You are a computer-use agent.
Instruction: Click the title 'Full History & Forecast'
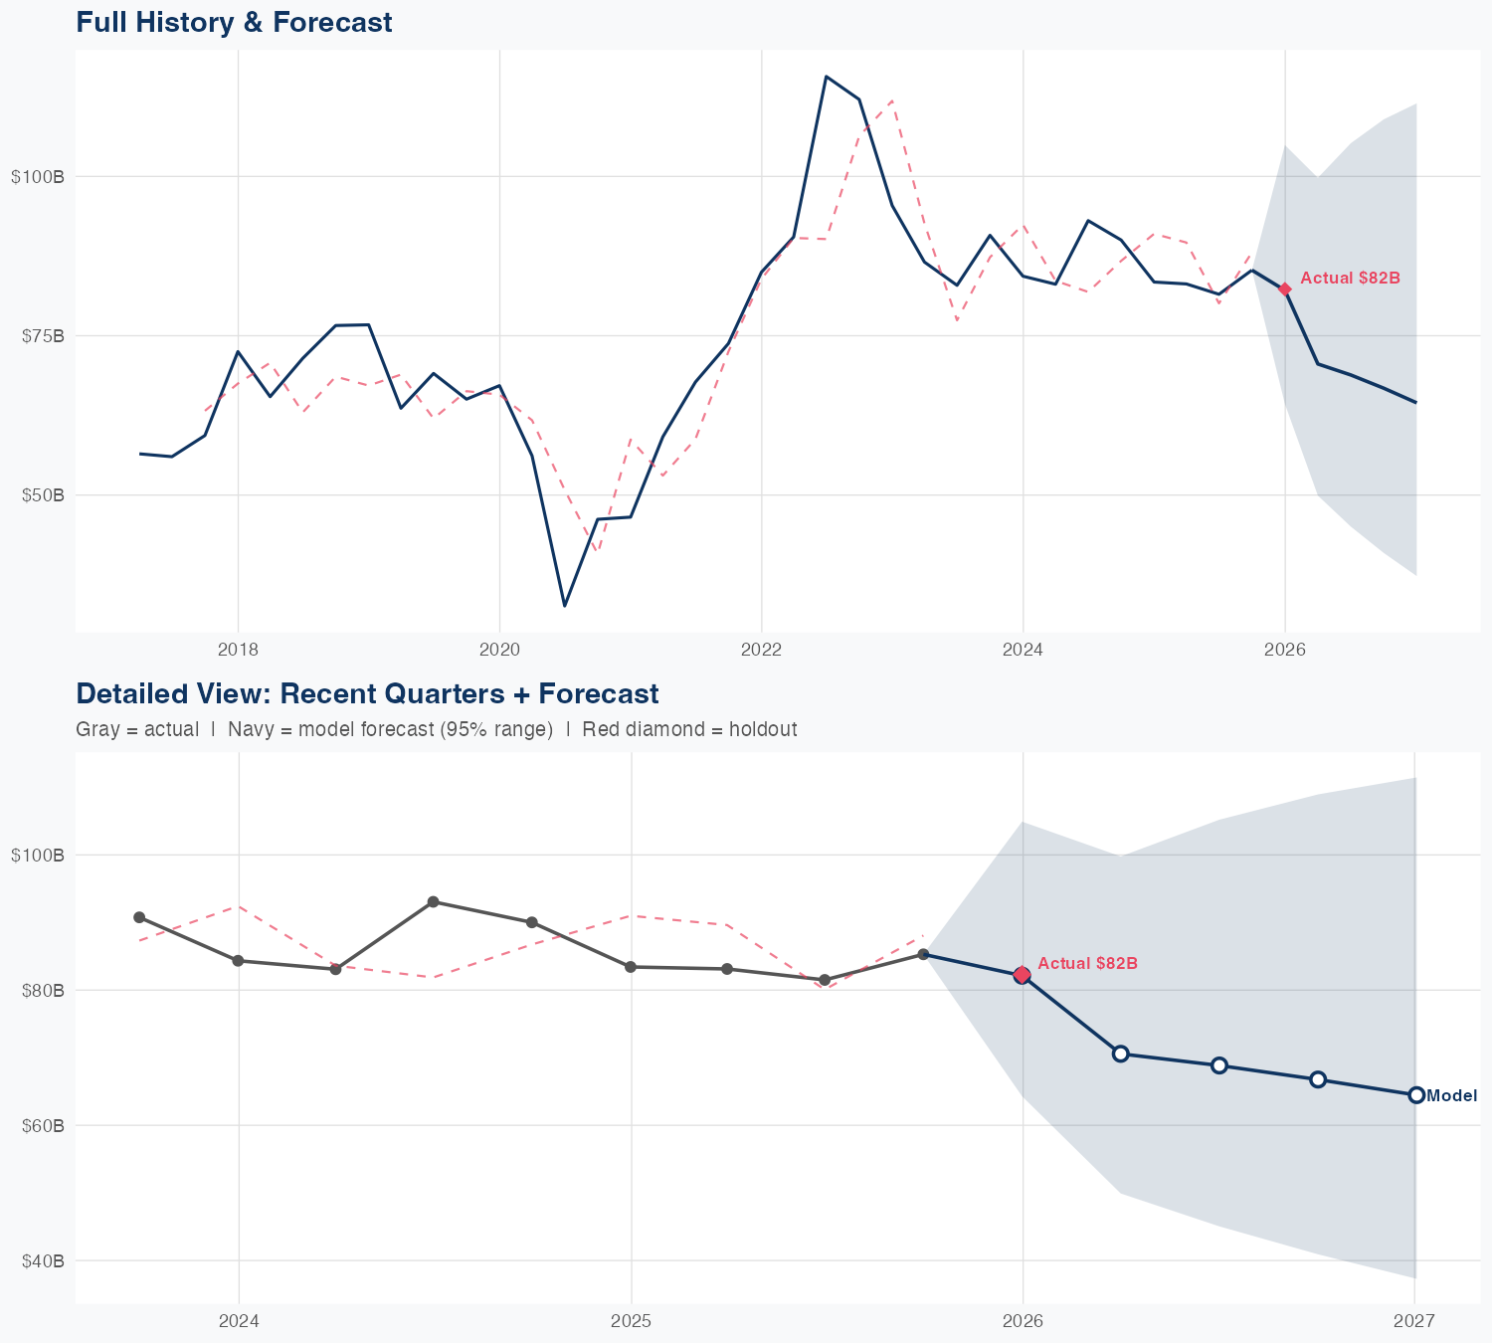234,22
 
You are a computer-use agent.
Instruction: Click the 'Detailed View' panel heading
366,693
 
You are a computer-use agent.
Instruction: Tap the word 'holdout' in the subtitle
763,729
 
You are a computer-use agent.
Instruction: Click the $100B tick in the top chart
38,177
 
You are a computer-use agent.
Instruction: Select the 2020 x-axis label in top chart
499,651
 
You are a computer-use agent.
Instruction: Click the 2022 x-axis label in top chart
761,651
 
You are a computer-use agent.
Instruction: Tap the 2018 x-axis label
238,651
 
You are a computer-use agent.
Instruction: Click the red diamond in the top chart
1285,289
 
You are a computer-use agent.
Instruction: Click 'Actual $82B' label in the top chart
1350,279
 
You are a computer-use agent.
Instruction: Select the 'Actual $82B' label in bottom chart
1087,964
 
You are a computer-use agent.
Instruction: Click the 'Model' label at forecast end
1451,1096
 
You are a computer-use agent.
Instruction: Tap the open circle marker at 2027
1416,1095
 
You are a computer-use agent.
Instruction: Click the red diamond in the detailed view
1023,975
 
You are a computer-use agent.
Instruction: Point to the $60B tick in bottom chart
42,1126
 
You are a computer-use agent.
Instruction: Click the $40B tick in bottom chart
42,1261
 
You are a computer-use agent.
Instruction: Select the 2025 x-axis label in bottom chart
631,1322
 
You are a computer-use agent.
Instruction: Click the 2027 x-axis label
1413,1322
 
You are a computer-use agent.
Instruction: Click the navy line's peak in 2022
827,77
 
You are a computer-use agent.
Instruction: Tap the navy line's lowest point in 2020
564,605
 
